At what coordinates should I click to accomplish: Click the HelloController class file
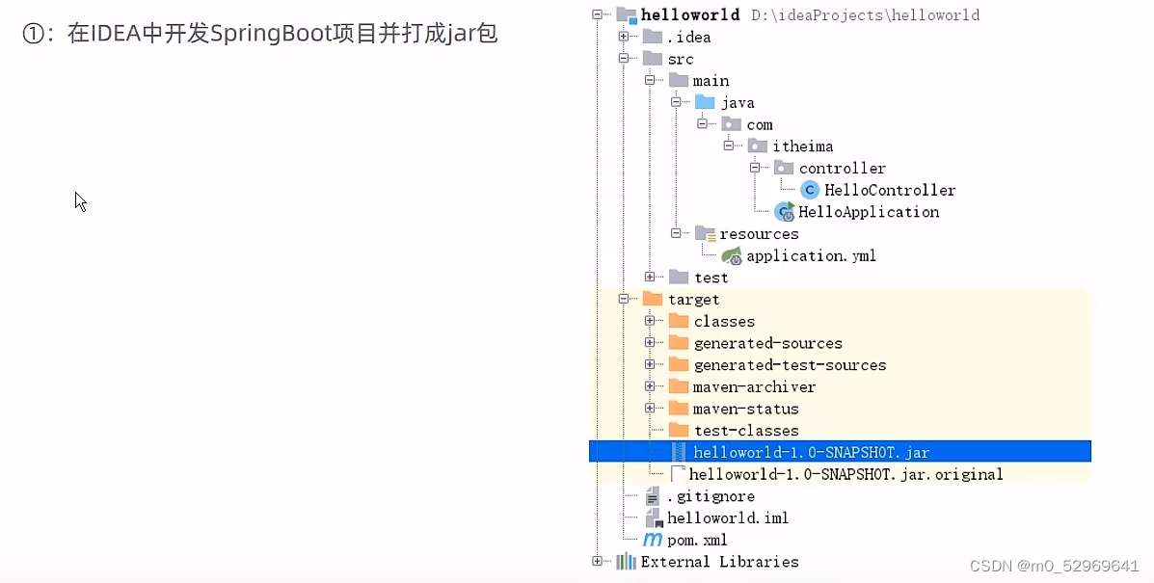click(889, 190)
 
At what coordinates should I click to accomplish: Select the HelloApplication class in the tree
click(868, 212)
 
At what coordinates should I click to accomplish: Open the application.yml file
click(810, 256)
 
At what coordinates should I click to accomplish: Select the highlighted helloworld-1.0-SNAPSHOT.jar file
click(810, 452)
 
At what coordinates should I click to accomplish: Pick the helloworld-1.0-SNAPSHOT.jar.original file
click(845, 474)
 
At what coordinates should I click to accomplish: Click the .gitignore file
click(710, 496)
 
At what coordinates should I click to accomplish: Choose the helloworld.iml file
click(727, 518)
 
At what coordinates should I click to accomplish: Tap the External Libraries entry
click(718, 562)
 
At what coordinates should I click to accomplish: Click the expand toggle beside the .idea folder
click(624, 37)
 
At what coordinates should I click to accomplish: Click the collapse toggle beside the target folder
click(624, 300)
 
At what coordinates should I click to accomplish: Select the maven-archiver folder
click(754, 386)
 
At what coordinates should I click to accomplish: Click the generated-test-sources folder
click(789, 365)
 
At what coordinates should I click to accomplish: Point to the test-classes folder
click(745, 431)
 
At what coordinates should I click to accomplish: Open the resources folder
click(758, 234)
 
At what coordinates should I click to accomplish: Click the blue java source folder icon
click(706, 102)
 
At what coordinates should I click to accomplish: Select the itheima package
click(801, 146)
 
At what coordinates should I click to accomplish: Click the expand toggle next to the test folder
click(650, 278)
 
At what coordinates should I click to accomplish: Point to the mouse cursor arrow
click(80, 200)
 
